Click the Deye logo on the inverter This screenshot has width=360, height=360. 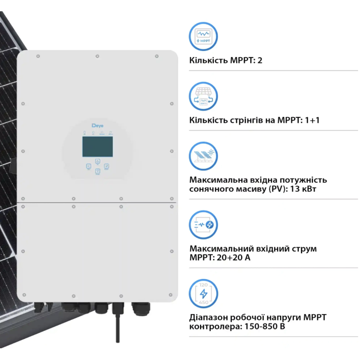click(x=97, y=126)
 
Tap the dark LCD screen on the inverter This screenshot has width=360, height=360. click(x=98, y=147)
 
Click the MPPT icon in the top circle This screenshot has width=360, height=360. click(x=203, y=36)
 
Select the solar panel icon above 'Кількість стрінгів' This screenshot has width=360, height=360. click(x=203, y=96)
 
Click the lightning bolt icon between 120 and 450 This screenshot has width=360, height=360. click(x=203, y=293)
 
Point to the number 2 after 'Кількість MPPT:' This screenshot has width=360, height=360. click(x=260, y=60)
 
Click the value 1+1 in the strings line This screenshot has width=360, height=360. click(x=312, y=120)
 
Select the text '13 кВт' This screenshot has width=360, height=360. click(x=303, y=189)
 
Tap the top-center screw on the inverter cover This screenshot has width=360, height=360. click(x=97, y=56)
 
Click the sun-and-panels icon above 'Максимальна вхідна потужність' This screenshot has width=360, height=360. click(x=203, y=156)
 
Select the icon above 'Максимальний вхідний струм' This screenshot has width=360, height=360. click(x=203, y=225)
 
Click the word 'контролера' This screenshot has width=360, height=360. click(x=216, y=327)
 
